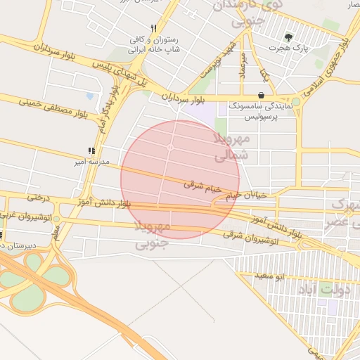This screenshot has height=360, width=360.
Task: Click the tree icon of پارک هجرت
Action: [288, 37]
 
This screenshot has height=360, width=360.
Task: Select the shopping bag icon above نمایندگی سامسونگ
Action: [262, 95]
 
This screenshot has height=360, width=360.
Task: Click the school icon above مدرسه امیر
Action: [91, 150]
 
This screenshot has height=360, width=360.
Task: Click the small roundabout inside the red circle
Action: [171, 147]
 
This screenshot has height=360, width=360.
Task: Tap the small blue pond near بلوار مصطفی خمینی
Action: [89, 96]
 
